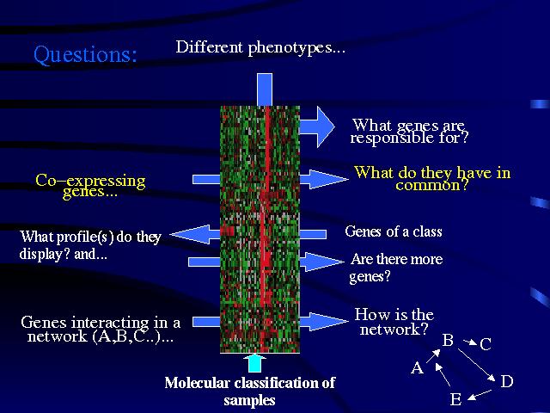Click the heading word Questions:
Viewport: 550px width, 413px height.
tap(85, 55)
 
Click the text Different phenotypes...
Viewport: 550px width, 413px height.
tap(260, 47)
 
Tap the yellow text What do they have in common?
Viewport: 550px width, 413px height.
tap(432, 177)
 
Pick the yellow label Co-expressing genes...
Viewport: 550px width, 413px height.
tap(90, 186)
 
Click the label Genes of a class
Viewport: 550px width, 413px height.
tap(393, 231)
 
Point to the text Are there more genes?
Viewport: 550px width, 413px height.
tap(396, 268)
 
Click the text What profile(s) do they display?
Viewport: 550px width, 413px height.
tap(89, 244)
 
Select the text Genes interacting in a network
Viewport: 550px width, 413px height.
tap(101, 330)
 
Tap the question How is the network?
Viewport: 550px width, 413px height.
tap(394, 322)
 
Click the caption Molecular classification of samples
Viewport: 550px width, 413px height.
tap(249, 391)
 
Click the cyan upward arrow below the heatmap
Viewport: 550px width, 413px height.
tap(255, 361)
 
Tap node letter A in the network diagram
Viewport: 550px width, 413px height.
tap(417, 368)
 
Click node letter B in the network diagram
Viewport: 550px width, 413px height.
tap(448, 341)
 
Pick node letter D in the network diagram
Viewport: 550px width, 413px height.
tap(506, 381)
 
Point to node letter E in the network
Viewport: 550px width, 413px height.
tap(455, 400)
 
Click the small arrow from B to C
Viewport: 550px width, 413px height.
tap(467, 343)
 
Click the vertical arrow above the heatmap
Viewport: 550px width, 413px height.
tap(264, 89)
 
